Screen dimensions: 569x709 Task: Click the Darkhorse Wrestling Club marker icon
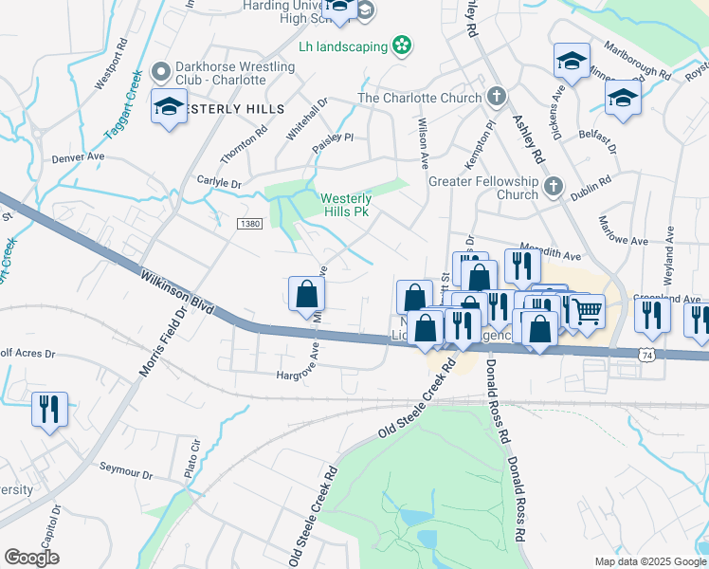160,71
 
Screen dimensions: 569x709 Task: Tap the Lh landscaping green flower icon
402,46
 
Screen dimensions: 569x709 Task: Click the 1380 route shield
249,223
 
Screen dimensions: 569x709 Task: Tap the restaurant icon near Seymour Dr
48,409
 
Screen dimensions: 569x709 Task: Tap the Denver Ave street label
75,157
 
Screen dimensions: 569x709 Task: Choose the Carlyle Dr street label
219,182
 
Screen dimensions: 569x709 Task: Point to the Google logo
32,557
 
